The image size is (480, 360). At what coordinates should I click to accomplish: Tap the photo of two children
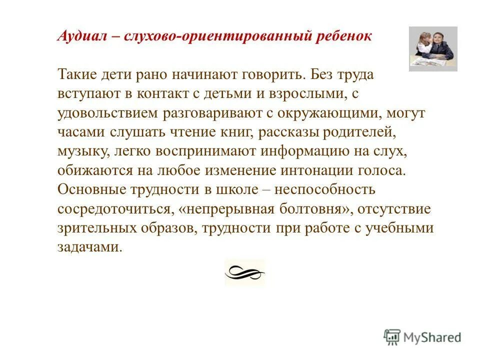[x=432, y=48]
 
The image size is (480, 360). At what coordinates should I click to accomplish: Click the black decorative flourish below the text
[x=244, y=273]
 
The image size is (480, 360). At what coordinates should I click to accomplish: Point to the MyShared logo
[x=422, y=337]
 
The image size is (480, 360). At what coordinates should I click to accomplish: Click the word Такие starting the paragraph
[x=75, y=75]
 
